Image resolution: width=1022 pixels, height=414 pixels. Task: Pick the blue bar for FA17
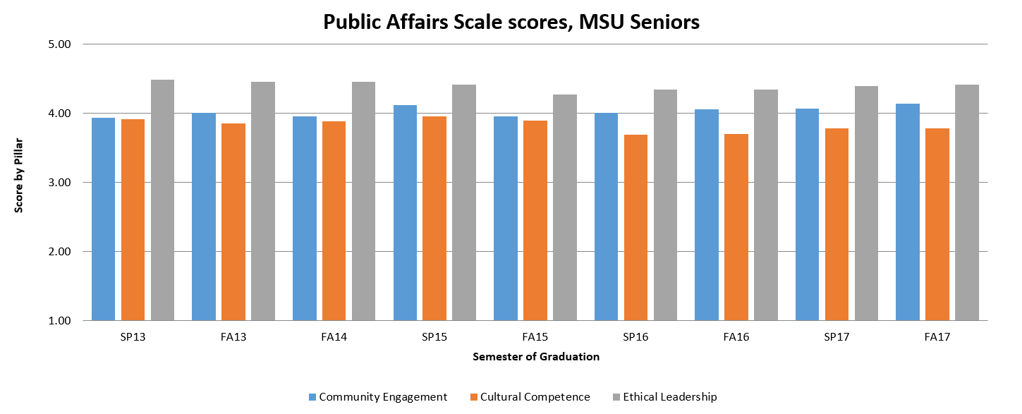click(x=907, y=212)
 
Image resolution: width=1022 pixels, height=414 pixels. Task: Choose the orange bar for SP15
click(x=434, y=218)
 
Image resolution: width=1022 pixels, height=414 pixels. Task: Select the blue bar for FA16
click(x=707, y=214)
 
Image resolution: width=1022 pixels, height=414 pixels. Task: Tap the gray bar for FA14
click(x=364, y=201)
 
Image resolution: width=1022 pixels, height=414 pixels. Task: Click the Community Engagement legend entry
click(x=377, y=397)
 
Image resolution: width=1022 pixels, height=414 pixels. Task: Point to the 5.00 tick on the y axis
click(x=62, y=44)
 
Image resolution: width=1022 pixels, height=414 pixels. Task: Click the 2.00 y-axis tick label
click(x=62, y=252)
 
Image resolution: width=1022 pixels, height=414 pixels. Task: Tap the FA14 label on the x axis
click(x=334, y=337)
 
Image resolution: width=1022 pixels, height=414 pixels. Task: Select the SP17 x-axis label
click(x=837, y=337)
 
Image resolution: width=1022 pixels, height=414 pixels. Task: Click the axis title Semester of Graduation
click(x=536, y=357)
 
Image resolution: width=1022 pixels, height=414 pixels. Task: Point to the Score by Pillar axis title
click(x=19, y=182)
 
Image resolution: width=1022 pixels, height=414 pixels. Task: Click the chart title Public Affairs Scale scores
click(x=511, y=22)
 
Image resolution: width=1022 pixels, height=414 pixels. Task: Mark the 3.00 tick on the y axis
click(x=62, y=183)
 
